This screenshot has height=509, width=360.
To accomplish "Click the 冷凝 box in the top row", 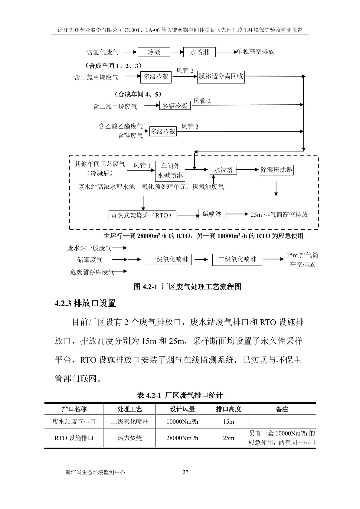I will pyautogui.click(x=154, y=52).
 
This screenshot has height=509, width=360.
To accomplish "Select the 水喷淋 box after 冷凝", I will pyautogui.click(x=200, y=52).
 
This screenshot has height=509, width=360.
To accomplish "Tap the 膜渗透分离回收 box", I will pyautogui.click(x=221, y=77).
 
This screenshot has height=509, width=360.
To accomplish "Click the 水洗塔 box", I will pyautogui.click(x=223, y=170).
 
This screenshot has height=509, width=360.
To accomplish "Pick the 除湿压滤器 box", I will pyautogui.click(x=277, y=170).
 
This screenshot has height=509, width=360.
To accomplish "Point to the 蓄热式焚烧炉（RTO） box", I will pyautogui.click(x=142, y=215).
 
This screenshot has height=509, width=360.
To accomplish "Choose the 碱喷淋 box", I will pyautogui.click(x=212, y=214).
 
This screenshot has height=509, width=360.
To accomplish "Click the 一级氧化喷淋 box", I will pyautogui.click(x=169, y=259).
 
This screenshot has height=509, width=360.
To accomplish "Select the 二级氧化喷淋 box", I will pyautogui.click(x=237, y=259).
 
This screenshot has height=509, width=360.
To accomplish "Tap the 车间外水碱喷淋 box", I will pyautogui.click(x=170, y=171).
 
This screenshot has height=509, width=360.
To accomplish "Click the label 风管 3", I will pyautogui.click(x=190, y=126).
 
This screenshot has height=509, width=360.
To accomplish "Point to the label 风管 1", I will pyautogui.click(x=142, y=165).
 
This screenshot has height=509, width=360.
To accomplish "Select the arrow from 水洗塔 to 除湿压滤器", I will pyautogui.click(x=248, y=170).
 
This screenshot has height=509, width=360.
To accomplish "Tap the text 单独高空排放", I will pyautogui.click(x=256, y=51).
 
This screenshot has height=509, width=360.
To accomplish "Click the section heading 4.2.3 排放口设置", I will pyautogui.click(x=85, y=303).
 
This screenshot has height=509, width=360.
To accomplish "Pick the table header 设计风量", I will pyautogui.click(x=182, y=409).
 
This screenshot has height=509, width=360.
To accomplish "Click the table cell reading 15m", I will pyautogui.click(x=228, y=421).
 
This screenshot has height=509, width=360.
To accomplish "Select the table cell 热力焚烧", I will pyautogui.click(x=129, y=438).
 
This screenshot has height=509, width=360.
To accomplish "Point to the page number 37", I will pyautogui.click(x=186, y=472).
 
